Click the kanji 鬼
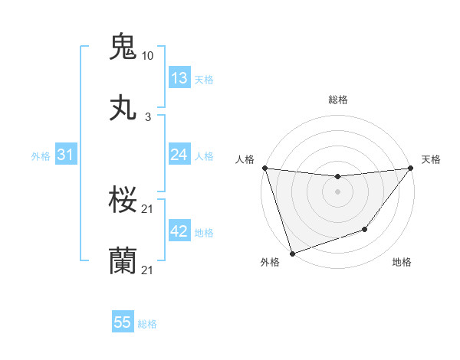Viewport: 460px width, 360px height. pyautogui.click(x=123, y=46)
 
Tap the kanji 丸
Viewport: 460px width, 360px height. pyautogui.click(x=123, y=108)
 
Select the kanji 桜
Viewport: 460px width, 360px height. pyautogui.click(x=123, y=201)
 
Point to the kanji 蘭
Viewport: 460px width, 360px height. pyautogui.click(x=123, y=261)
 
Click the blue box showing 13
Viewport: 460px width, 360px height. pyautogui.click(x=179, y=77)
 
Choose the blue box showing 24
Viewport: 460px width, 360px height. pyautogui.click(x=179, y=155)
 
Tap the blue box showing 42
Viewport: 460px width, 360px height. pyautogui.click(x=179, y=231)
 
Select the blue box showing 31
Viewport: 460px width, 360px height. pyautogui.click(x=66, y=155)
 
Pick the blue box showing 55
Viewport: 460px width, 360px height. pyautogui.click(x=123, y=323)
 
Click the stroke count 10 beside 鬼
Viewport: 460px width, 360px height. pyautogui.click(x=148, y=56)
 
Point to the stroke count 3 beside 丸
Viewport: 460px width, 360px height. pyautogui.click(x=148, y=117)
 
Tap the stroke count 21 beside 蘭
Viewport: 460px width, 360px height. pyautogui.click(x=148, y=270)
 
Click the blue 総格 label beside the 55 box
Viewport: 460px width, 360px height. pyautogui.click(x=147, y=324)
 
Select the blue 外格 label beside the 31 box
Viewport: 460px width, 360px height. pyautogui.click(x=41, y=155)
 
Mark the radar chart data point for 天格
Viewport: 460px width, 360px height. pyautogui.click(x=410, y=168)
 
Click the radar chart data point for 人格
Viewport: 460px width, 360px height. pyautogui.click(x=264, y=168)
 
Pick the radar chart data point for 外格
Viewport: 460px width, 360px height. pyautogui.click(x=292, y=253)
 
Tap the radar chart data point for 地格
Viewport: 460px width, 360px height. pyautogui.click(x=366, y=229)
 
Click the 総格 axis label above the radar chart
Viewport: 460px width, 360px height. pyautogui.click(x=338, y=100)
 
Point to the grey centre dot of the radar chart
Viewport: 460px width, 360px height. pyautogui.click(x=337, y=191)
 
